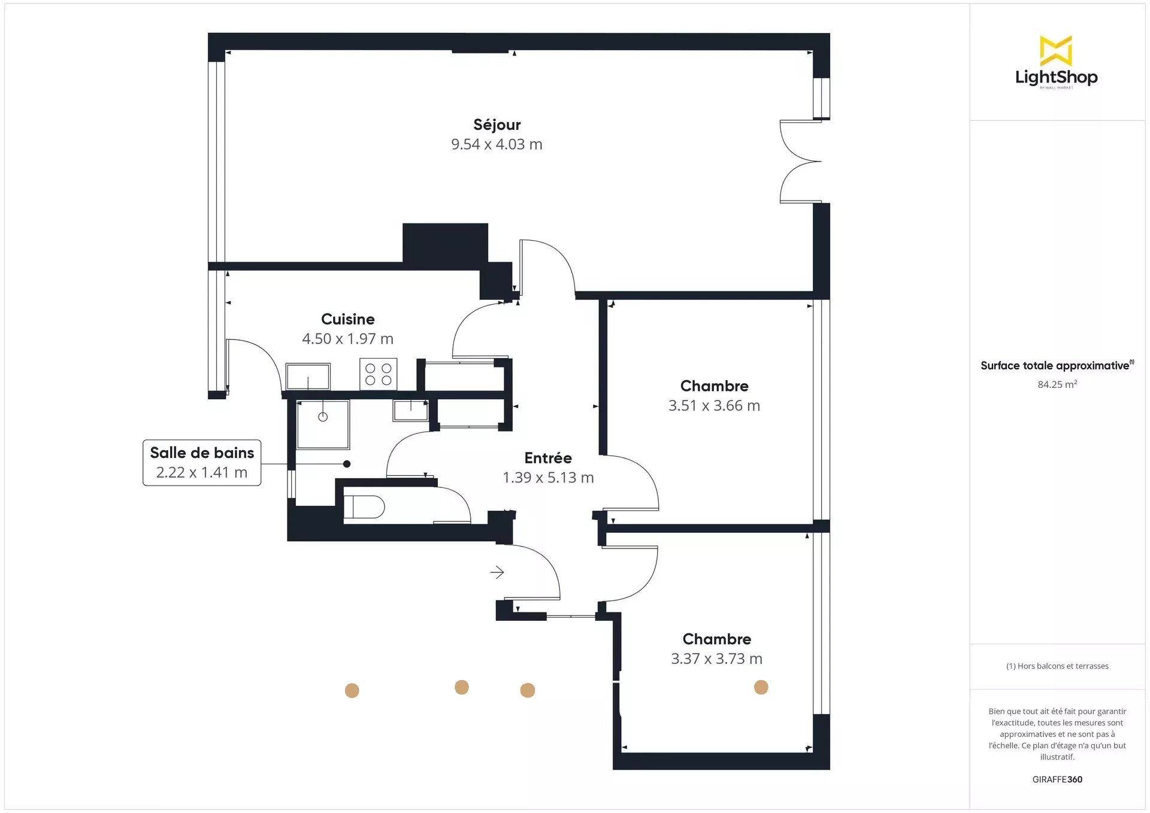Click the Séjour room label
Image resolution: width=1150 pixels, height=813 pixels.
pos(497,125)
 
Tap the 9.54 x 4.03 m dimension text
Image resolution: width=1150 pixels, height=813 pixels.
pos(497,144)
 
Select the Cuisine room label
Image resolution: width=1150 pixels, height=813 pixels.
pos(348,319)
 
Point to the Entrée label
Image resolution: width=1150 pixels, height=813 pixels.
pos(548,458)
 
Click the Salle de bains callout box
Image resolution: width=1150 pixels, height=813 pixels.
pos(202,463)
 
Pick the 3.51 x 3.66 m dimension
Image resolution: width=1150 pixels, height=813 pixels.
pos(714,405)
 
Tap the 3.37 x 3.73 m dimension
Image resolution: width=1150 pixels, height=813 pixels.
pos(716,659)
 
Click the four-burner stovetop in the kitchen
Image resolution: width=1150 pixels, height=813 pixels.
pos(378,374)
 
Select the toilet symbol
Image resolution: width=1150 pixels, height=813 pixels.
pos(364,506)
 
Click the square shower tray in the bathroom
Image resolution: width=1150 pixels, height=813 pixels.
pos(323,424)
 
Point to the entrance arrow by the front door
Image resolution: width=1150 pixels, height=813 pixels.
pos(497,572)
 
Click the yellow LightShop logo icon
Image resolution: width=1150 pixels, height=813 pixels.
pos(1056,50)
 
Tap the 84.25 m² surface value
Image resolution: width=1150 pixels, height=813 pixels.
pos(1057,384)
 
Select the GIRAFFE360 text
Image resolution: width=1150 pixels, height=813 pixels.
pos(1057,779)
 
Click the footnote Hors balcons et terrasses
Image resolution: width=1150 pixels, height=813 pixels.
pos(1057,666)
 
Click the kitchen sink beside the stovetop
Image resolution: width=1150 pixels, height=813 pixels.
pos(308,377)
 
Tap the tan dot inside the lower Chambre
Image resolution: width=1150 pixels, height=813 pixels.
pos(761,687)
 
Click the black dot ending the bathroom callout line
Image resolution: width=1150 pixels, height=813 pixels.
pos(347,464)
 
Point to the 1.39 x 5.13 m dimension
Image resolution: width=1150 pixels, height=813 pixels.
pos(548,478)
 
